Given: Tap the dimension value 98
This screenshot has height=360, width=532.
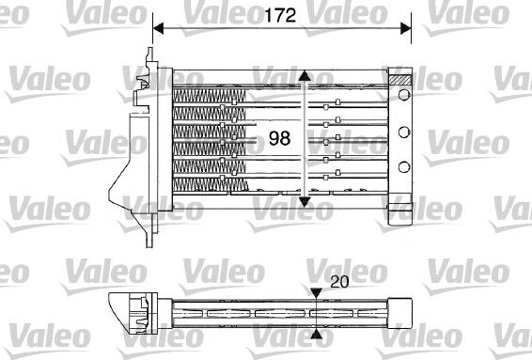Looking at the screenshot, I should tap(279, 138).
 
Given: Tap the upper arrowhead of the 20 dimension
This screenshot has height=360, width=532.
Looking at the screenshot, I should tap(316, 293).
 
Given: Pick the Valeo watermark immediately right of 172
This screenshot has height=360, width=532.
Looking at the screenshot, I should tap(342, 12).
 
